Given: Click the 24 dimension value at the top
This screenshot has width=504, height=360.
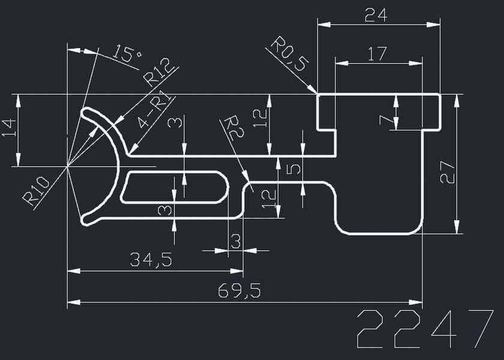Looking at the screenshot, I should point(377,14).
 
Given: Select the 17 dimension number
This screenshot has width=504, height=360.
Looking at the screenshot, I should point(377,54).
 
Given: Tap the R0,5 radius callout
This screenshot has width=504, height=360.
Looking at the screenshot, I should point(289,55).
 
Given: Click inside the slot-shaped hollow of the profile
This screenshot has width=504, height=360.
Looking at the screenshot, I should point(175,187).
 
